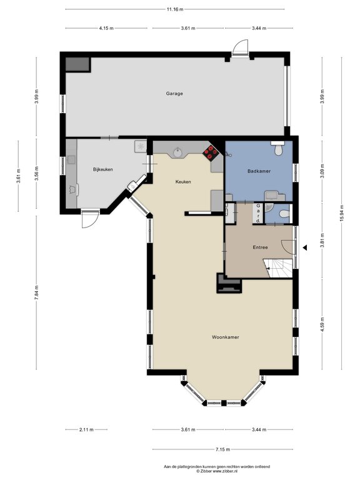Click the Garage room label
click(174, 93)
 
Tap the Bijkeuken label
click(103, 169)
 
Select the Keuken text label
click(183, 182)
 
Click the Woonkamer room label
click(225, 337)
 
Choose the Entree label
click(260, 247)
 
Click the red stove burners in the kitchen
click(211, 152)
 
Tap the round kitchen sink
click(177, 152)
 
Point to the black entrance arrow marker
click(304, 247)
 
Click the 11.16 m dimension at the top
click(175, 9)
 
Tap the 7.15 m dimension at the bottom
click(223, 449)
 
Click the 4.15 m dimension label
click(106, 28)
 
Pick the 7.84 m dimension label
click(36, 294)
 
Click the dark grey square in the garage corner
click(77, 64)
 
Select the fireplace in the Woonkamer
click(229, 283)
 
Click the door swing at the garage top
click(240, 47)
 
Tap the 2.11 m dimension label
click(86, 429)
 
